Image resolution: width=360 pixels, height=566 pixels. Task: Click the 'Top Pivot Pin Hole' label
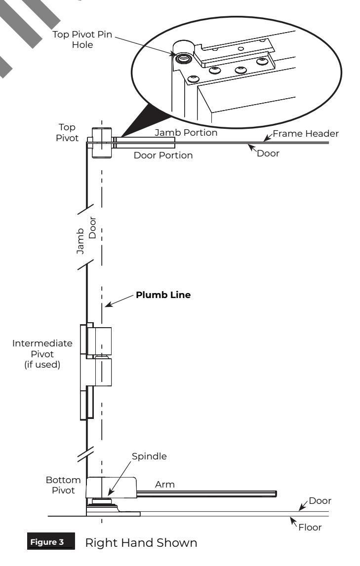[82, 39]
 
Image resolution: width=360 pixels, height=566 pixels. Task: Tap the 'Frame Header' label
[306, 134]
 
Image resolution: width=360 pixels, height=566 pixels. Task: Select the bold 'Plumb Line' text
[163, 295]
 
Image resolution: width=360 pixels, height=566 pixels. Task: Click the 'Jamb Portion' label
[186, 132]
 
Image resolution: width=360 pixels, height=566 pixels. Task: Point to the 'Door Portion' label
[163, 155]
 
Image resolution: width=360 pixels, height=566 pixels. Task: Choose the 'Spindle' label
[149, 456]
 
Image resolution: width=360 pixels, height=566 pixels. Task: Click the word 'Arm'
[164, 485]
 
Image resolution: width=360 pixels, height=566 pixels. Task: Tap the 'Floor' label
[310, 528]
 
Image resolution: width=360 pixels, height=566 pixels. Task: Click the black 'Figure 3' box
[51, 541]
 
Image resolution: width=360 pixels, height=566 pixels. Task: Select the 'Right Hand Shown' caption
[141, 543]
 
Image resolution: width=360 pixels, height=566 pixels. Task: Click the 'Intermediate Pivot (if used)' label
[42, 354]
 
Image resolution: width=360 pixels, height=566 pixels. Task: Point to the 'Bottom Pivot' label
[63, 485]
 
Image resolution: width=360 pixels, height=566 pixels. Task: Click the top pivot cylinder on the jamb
[101, 143]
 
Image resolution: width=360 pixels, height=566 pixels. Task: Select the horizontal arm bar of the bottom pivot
[207, 494]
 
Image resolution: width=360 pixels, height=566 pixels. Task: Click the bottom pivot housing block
[112, 488]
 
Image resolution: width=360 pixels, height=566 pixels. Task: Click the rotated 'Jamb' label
[80, 241]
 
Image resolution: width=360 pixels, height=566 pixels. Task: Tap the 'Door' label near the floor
[320, 501]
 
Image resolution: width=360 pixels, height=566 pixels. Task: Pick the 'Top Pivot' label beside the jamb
[67, 133]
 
